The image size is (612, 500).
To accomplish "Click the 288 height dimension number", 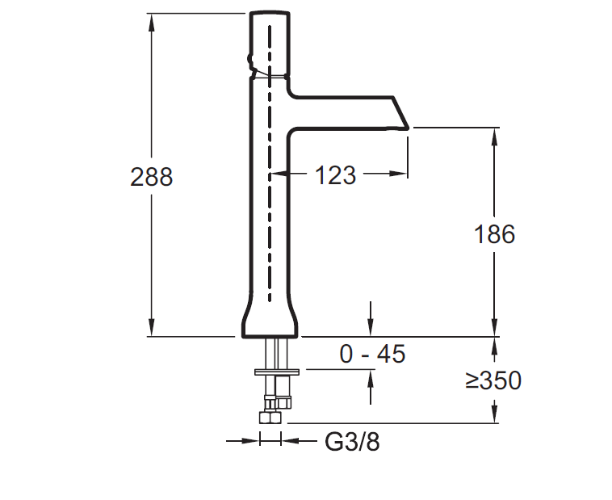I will point(151,177).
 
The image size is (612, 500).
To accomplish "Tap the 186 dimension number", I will point(493,234).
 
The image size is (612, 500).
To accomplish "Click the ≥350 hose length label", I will point(493,380).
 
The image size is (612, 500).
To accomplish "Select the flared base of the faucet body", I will point(270,321).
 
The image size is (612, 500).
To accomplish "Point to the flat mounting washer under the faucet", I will point(277,372).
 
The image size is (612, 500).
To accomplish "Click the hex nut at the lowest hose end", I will point(268,417).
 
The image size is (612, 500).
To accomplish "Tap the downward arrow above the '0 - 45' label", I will point(371,328).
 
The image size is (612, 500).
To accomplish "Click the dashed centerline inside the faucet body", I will point(270,162).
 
